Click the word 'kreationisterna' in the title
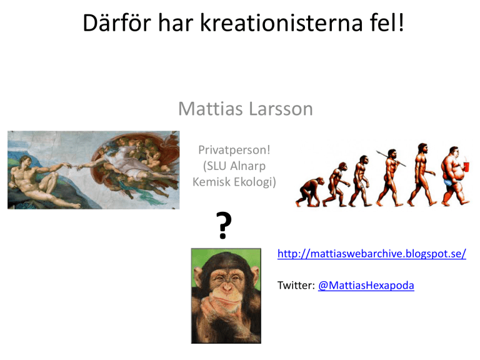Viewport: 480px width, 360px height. tap(282, 22)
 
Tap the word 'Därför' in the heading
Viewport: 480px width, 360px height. tap(117, 22)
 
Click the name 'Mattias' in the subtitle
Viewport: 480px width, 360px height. tap(211, 109)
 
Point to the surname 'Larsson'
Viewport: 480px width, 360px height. tap(281, 109)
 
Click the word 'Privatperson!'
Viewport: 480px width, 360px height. tap(234, 150)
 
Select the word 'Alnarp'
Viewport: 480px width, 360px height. tap(247, 166)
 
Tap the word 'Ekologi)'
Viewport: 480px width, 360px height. tap(255, 182)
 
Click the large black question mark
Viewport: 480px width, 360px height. tap(224, 225)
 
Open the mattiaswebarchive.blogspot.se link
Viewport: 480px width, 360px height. tap(372, 254)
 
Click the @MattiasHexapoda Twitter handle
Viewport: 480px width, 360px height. tap(366, 285)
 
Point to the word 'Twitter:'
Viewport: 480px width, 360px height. tap(296, 285)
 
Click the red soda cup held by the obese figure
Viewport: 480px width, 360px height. tap(466, 167)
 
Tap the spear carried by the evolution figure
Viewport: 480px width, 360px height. tap(391, 159)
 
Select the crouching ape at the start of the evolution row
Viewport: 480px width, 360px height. tap(309, 192)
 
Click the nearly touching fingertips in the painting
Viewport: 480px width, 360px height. tap(74, 167)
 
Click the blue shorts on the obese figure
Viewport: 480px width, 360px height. tap(449, 182)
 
